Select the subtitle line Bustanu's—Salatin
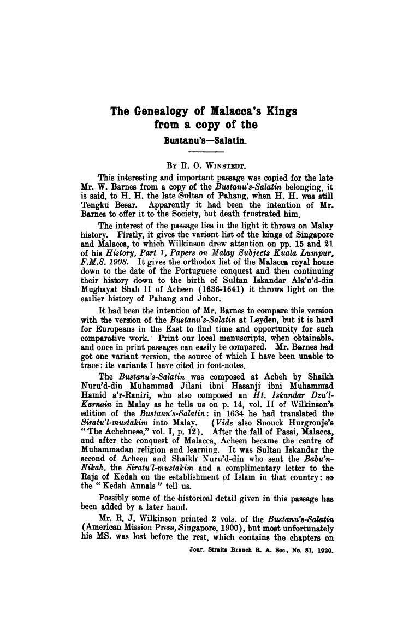(205, 139)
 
